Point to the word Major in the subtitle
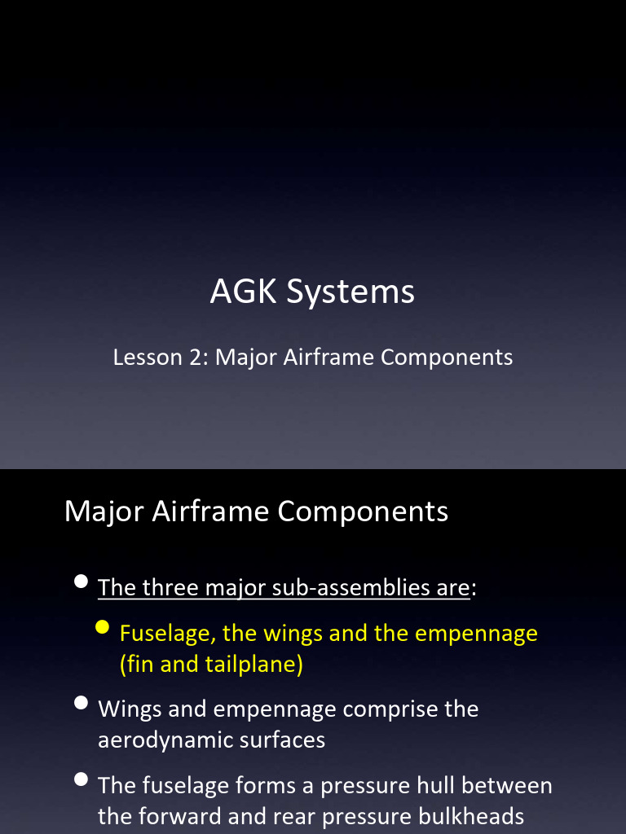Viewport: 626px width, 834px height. click(x=245, y=357)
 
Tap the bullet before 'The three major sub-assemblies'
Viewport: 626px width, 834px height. click(x=81, y=582)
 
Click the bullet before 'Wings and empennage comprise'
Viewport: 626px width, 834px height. click(x=81, y=703)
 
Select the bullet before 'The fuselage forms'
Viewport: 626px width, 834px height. click(x=81, y=779)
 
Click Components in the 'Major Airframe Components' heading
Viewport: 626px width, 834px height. click(x=363, y=511)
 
